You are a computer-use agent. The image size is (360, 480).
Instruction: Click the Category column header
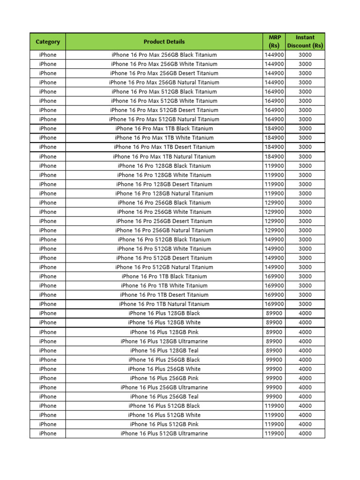pyautogui.click(x=48, y=42)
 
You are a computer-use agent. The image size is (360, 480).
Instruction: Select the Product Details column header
pyautogui.click(x=164, y=42)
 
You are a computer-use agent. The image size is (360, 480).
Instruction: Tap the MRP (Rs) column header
pyautogui.click(x=274, y=42)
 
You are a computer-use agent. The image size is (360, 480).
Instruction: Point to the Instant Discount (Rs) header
pyautogui.click(x=305, y=42)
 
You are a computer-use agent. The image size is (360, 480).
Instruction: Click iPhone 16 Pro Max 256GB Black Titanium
pyautogui.click(x=164, y=55)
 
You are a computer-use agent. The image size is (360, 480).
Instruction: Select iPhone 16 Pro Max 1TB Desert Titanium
pyautogui.click(x=164, y=147)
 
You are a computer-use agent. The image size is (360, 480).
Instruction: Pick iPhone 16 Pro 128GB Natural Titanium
pyautogui.click(x=164, y=193)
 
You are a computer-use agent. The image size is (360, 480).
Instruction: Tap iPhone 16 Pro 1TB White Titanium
pyautogui.click(x=164, y=285)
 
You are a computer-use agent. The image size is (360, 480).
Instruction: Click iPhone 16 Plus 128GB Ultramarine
pyautogui.click(x=164, y=341)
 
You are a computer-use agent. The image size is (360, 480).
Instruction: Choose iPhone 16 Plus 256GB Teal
pyautogui.click(x=164, y=397)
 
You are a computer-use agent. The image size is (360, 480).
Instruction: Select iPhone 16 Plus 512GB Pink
pyautogui.click(x=164, y=424)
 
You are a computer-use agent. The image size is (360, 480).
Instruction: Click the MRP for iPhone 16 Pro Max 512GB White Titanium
pyautogui.click(x=274, y=101)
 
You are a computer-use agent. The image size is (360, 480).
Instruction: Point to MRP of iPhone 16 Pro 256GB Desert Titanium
pyautogui.click(x=274, y=221)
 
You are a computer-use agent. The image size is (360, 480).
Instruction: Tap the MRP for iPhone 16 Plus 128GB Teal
pyautogui.click(x=274, y=350)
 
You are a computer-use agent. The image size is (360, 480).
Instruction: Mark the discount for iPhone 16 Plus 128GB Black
pyautogui.click(x=305, y=313)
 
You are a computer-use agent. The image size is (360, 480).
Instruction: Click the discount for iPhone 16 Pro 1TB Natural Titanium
pyautogui.click(x=305, y=304)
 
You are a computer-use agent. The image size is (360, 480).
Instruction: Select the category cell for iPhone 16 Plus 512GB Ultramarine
pyautogui.click(x=48, y=434)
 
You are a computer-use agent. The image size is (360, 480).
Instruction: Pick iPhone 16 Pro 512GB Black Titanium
pyautogui.click(x=164, y=240)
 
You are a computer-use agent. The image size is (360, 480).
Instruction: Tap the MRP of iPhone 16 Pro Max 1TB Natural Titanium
pyautogui.click(x=274, y=157)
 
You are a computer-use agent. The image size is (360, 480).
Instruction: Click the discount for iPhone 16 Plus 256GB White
pyautogui.click(x=305, y=369)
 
